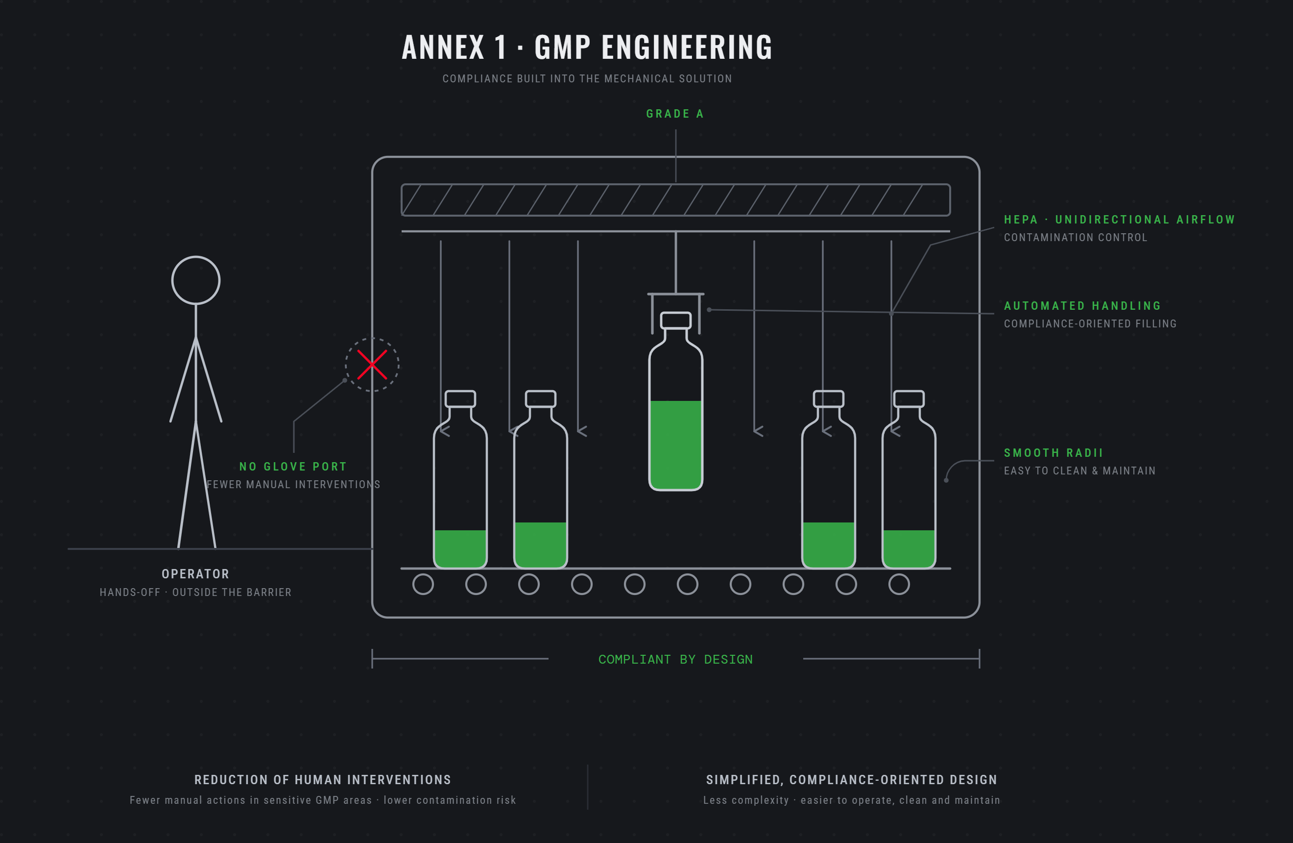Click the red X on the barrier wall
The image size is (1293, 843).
[372, 364]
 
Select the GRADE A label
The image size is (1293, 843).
[675, 114]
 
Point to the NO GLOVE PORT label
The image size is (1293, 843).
[293, 466]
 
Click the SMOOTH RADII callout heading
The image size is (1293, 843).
[1054, 453]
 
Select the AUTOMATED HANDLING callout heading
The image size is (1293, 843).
[1082, 305]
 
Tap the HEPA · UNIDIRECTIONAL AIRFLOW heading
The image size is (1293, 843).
[1119, 219]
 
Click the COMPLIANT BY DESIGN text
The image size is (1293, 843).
[675, 659]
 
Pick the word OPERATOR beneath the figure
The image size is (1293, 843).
[195, 574]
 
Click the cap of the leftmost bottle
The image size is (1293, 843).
[460, 398]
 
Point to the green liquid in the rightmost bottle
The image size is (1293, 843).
[909, 548]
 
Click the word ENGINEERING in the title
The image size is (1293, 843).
[687, 47]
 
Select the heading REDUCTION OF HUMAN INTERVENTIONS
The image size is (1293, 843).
[323, 780]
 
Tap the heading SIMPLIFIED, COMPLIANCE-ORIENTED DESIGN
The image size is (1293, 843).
[851, 780]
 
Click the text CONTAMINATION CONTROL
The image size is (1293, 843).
[1075, 238]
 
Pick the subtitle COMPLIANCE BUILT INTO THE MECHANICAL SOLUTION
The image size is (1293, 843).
[587, 79]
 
